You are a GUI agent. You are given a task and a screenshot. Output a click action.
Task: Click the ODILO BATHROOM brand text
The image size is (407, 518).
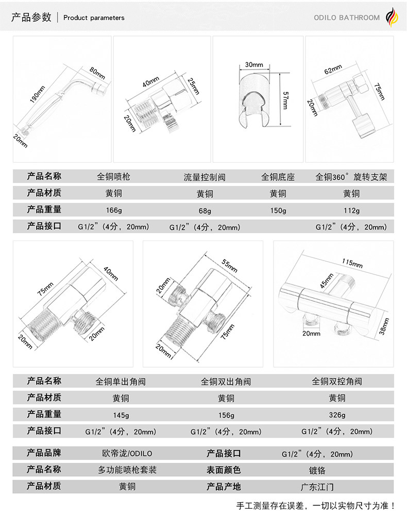pos(346,18)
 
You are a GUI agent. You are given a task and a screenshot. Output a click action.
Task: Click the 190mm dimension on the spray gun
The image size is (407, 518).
pos(39,94)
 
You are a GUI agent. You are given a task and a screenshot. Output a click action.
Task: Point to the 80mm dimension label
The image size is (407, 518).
pos(97,74)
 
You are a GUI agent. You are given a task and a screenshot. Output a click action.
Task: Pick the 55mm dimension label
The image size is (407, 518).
pos(229,266)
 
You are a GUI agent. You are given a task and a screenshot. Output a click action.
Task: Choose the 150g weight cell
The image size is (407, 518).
pos(278,210)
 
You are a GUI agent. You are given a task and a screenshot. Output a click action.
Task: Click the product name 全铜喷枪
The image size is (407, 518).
pos(114,177)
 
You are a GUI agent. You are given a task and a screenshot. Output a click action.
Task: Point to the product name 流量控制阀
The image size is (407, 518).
pos(205,178)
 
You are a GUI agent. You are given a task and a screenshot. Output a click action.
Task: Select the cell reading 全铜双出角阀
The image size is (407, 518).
pos(226,382)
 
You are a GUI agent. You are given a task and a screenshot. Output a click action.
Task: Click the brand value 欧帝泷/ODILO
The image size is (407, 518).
pos(127,454)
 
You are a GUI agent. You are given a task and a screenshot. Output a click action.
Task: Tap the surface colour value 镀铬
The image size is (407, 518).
pos(317,470)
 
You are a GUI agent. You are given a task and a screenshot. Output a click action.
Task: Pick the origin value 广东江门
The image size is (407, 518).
pos(317,487)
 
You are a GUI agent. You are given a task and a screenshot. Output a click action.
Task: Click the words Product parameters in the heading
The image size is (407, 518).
pos(94,18)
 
